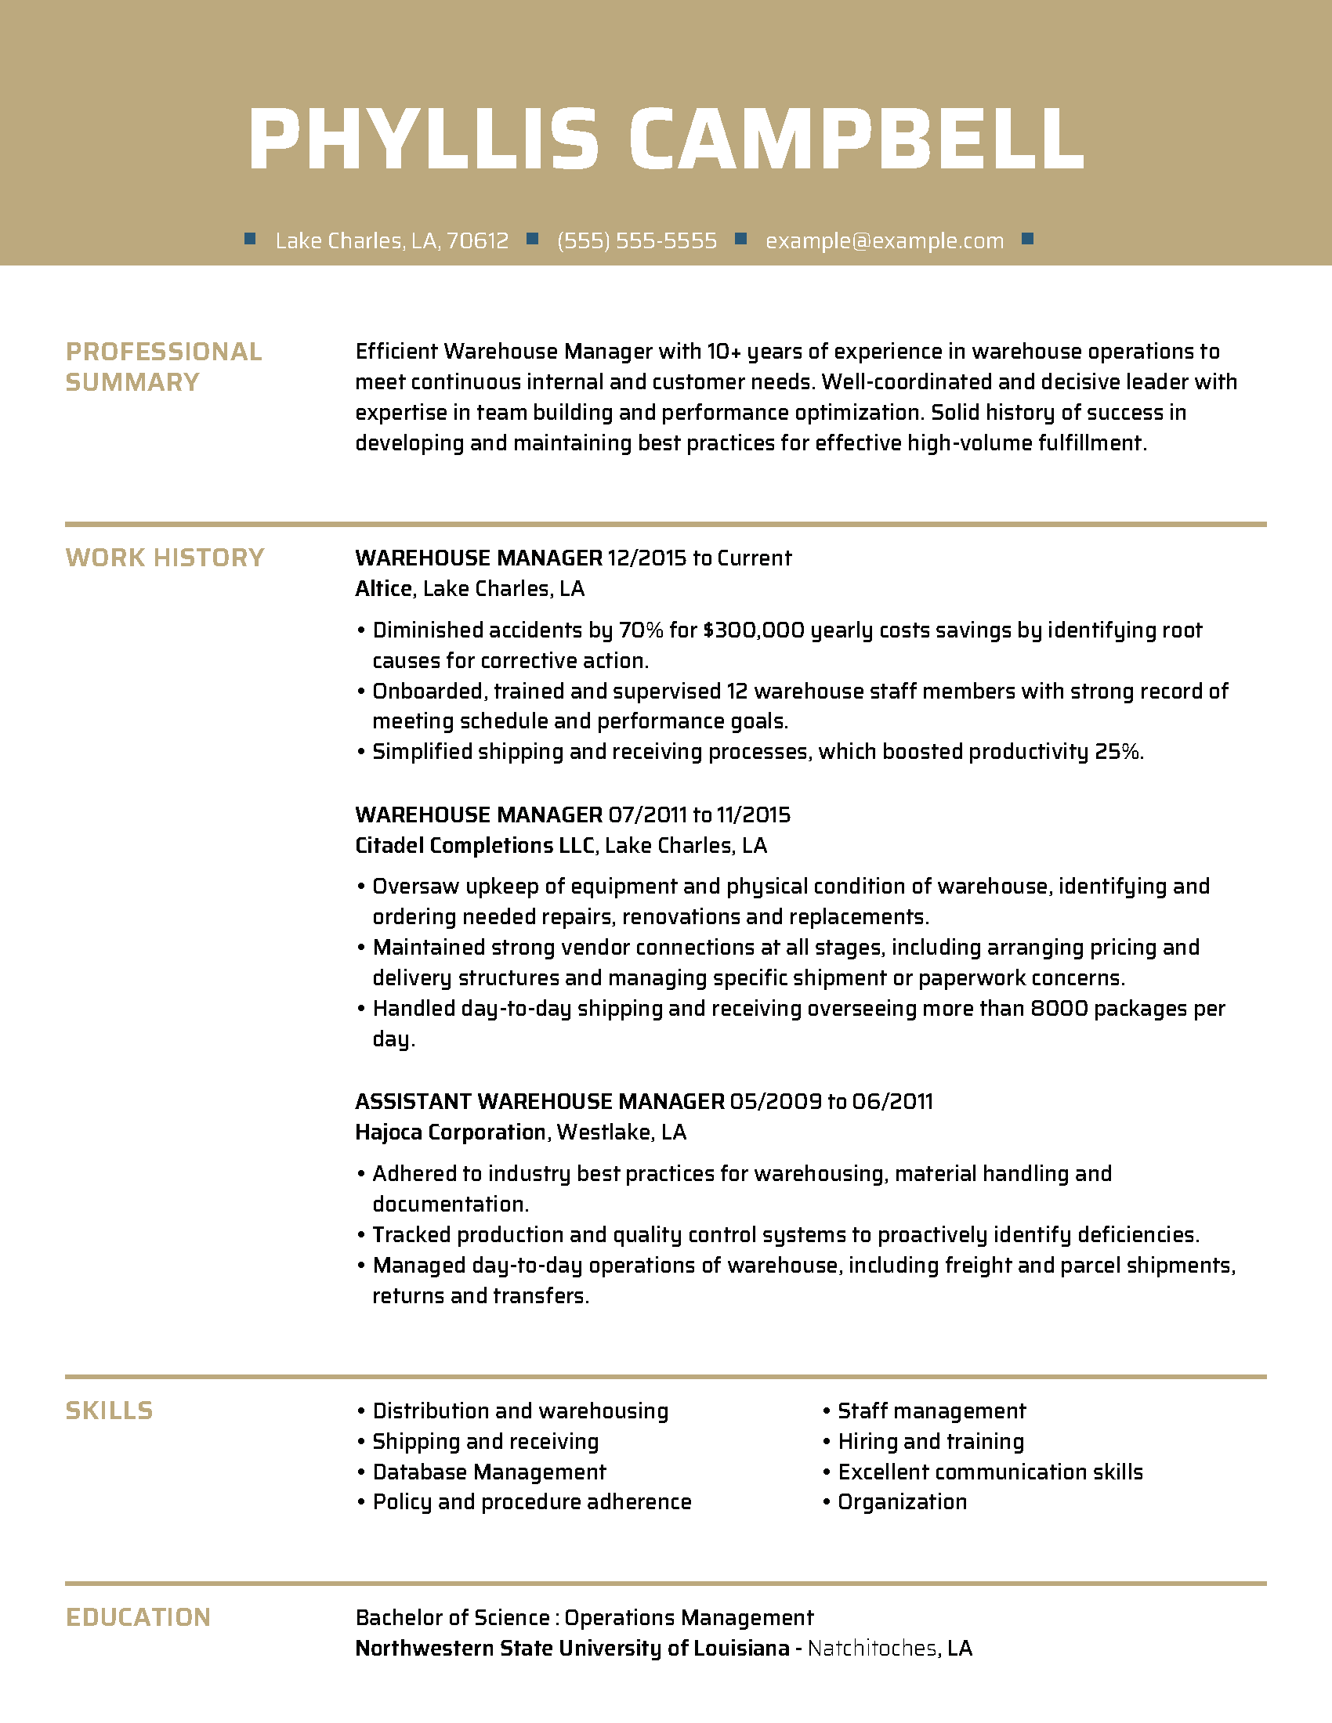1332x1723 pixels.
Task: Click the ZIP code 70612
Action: click(477, 240)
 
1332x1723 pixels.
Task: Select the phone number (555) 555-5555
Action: click(637, 240)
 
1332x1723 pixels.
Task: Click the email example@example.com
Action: click(885, 240)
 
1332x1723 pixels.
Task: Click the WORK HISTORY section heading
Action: click(165, 558)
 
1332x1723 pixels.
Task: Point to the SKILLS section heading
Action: click(109, 1411)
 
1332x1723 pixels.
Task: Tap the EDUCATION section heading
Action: click(138, 1617)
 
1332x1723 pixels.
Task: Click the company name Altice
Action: click(383, 588)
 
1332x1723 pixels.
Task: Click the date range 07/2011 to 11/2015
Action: click(699, 815)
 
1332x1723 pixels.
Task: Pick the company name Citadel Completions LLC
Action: click(474, 846)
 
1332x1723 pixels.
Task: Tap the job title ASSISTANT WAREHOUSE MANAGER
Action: click(540, 1101)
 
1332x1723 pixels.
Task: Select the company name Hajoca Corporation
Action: click(450, 1132)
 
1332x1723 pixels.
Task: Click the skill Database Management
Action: click(489, 1472)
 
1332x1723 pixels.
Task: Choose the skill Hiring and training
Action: click(930, 1441)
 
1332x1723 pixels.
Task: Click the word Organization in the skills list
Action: click(902, 1502)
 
